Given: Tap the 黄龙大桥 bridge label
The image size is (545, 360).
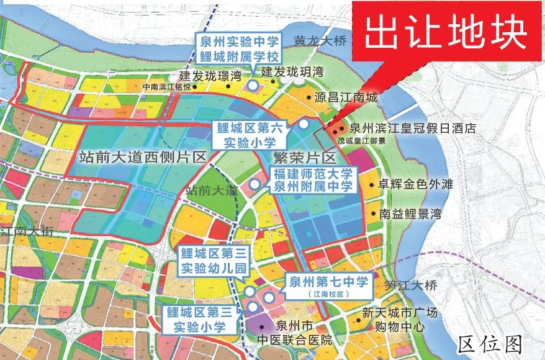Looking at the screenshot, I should [x=319, y=41].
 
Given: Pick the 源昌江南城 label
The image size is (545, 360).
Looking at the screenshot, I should [x=346, y=97].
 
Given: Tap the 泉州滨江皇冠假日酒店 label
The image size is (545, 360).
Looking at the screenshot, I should [x=412, y=129].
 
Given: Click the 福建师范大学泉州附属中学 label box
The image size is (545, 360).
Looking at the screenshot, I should [x=313, y=179].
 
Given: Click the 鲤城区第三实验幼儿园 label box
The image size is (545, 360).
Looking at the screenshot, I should [x=205, y=261].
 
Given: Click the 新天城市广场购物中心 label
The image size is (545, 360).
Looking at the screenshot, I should [x=402, y=319].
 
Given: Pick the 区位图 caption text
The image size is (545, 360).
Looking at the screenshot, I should [x=490, y=343].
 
